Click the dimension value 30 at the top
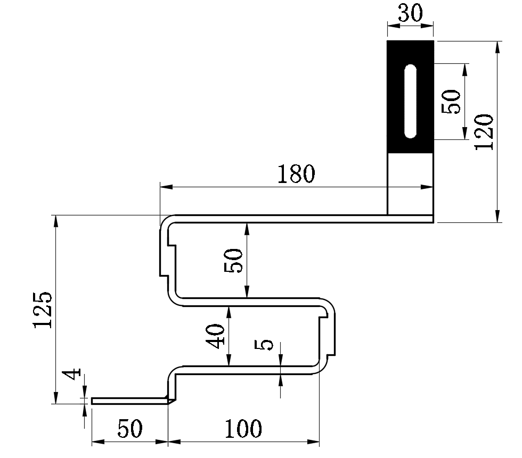point(410,13)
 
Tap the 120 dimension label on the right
point(485,131)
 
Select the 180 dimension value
point(296,174)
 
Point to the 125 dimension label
point(43,310)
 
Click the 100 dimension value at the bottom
point(242,429)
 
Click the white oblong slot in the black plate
point(410,101)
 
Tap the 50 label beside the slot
point(451,101)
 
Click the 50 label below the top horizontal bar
point(234,261)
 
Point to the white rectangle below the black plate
point(410,184)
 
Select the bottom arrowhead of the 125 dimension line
point(55,399)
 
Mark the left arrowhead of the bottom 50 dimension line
point(96,441)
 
